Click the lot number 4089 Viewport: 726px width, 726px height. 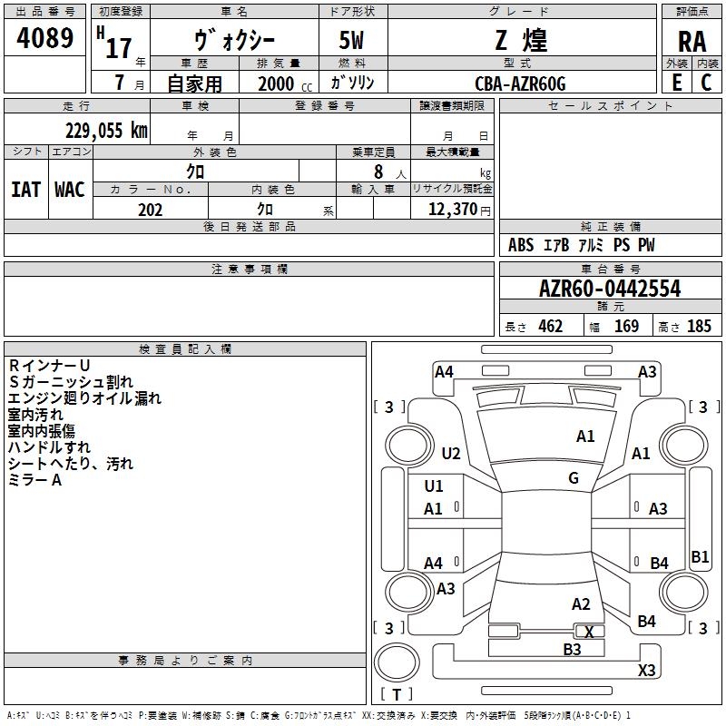pyautogui.click(x=44, y=37)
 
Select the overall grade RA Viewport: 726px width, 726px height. pyautogui.click(x=692, y=42)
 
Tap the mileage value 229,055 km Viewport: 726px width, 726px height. pyautogui.click(x=106, y=131)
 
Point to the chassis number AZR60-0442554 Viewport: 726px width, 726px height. pyautogui.click(x=610, y=289)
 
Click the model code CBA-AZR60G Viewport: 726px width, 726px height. pyautogui.click(x=520, y=83)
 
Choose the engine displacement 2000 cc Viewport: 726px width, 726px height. pyautogui.click(x=285, y=83)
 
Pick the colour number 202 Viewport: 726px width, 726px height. pyautogui.click(x=150, y=210)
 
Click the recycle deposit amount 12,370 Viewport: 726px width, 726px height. pyautogui.click(x=452, y=210)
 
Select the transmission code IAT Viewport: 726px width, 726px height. pyautogui.click(x=26, y=190)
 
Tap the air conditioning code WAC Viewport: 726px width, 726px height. pyautogui.click(x=70, y=190)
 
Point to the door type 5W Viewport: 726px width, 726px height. pyautogui.click(x=351, y=40)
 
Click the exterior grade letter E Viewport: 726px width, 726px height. pyautogui.click(x=677, y=83)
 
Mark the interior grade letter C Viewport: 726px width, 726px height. pyautogui.click(x=706, y=83)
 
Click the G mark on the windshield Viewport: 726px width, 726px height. pyautogui.click(x=574, y=477)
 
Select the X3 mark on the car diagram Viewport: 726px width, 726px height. pyautogui.click(x=646, y=670)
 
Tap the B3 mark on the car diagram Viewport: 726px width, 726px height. pyautogui.click(x=572, y=649)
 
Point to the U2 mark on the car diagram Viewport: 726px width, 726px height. pyautogui.click(x=451, y=453)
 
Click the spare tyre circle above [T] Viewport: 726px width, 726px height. pyautogui.click(x=397, y=662)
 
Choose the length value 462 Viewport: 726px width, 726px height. pyautogui.click(x=551, y=326)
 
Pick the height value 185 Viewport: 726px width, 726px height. pyautogui.click(x=699, y=326)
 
